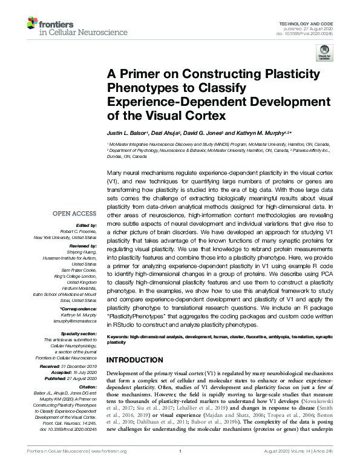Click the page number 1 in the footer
[180, 468]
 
